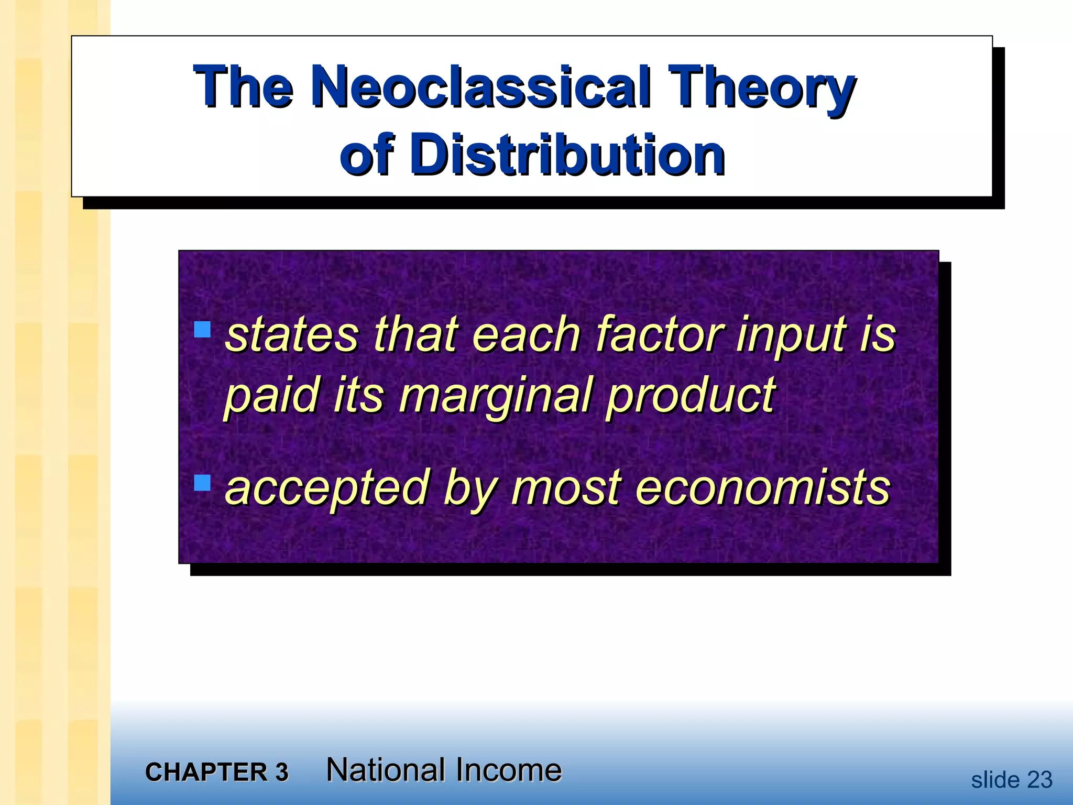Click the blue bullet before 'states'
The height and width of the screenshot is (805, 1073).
[x=202, y=330]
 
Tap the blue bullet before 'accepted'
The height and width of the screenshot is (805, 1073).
[x=202, y=482]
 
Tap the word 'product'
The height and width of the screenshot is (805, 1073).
[x=691, y=396]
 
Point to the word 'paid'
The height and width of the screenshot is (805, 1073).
[x=271, y=396]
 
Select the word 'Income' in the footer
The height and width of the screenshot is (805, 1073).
[x=508, y=770]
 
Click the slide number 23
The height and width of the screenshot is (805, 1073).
[x=1039, y=780]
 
